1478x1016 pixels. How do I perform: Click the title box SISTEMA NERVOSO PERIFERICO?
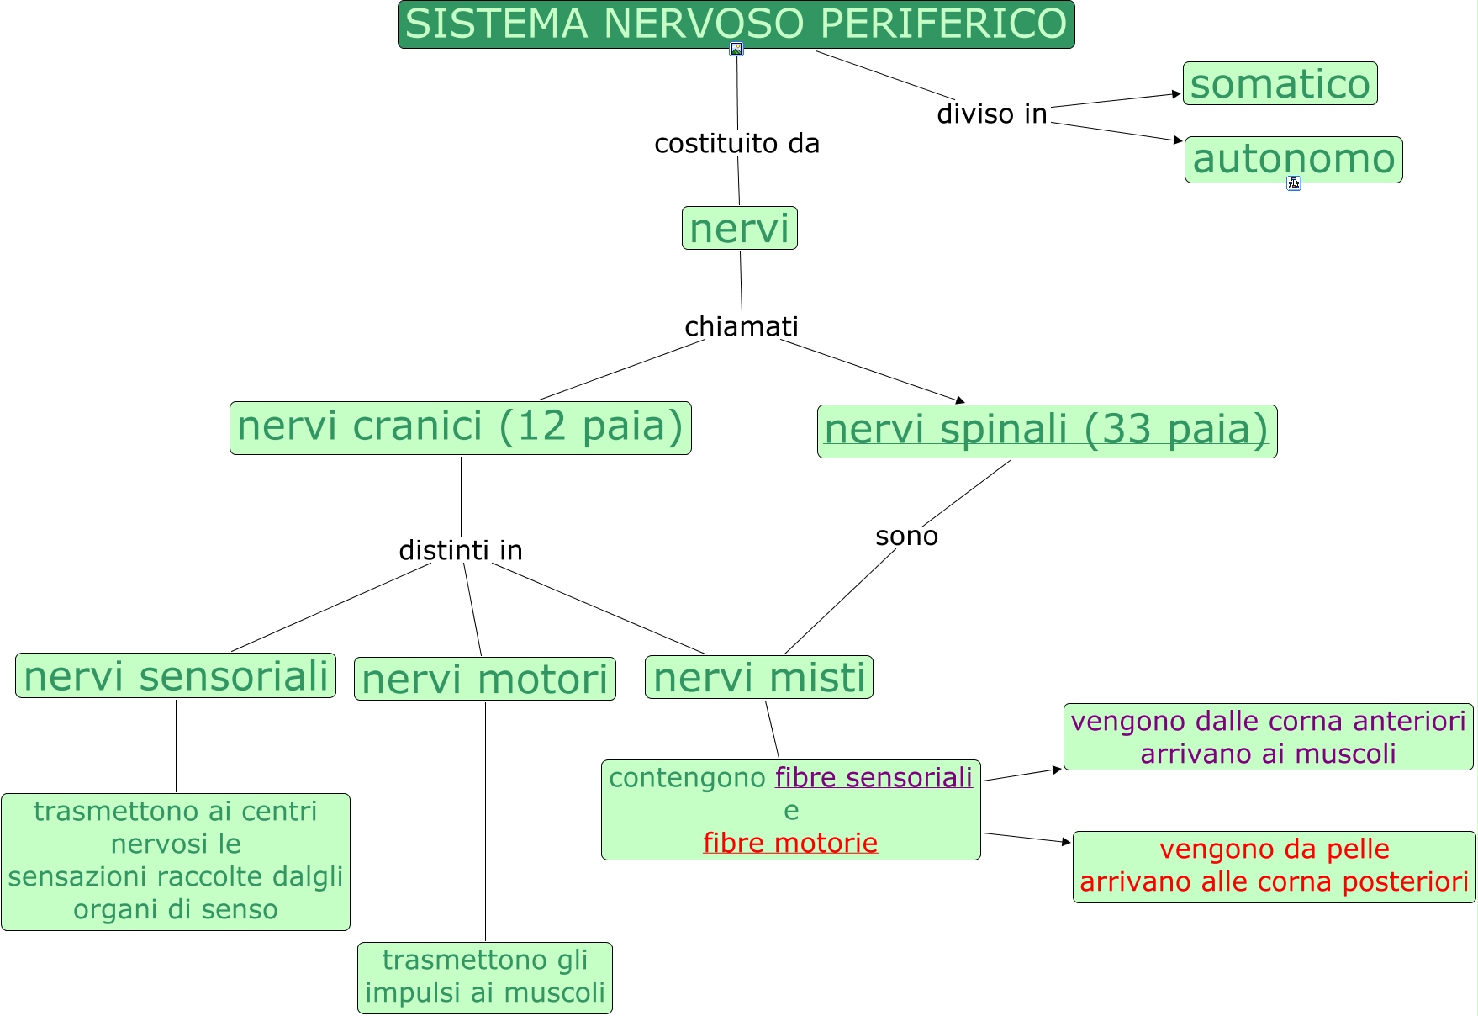(x=736, y=24)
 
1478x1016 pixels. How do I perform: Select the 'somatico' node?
(x=1280, y=83)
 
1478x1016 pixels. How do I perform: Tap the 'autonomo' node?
(x=1293, y=159)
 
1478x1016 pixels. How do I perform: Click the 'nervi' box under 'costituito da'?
(x=739, y=228)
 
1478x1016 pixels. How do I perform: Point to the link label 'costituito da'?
(x=736, y=144)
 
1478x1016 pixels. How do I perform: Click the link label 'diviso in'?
(x=992, y=114)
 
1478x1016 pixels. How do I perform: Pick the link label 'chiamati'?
(x=741, y=326)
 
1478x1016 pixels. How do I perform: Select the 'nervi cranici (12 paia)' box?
(x=460, y=427)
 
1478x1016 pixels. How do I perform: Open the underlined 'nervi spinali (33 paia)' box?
(x=1047, y=431)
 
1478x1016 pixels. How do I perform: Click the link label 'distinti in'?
(x=460, y=550)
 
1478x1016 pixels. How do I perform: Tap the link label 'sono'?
(x=906, y=536)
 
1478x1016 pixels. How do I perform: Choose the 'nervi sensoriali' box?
(x=176, y=675)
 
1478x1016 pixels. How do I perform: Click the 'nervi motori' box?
(x=484, y=679)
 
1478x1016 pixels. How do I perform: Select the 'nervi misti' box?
(x=758, y=677)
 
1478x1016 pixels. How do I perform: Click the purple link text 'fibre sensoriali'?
(x=874, y=778)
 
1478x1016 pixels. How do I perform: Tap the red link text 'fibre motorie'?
(x=790, y=843)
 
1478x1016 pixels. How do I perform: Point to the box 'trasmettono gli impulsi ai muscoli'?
(x=484, y=977)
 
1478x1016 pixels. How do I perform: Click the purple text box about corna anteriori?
(x=1268, y=737)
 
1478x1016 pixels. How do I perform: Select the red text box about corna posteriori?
(x=1274, y=866)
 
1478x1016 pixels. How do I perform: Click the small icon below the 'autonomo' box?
(x=1294, y=183)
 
